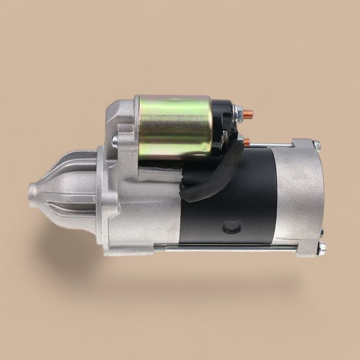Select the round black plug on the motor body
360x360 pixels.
pyautogui.click(x=232, y=225)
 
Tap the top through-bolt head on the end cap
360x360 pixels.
pyautogui.click(x=317, y=146)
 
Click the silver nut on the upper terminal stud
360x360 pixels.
pyautogui.click(x=238, y=111)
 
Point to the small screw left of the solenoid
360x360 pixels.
pyautogui.click(x=116, y=140)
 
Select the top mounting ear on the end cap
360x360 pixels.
pyautogui.click(x=303, y=144)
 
